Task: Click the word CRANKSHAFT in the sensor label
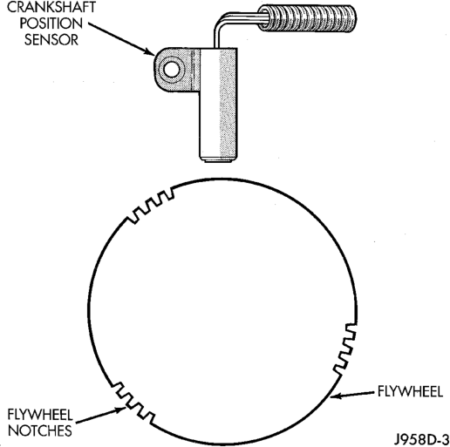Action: pos(51,7)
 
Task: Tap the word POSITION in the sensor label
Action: pos(51,24)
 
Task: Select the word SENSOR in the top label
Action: pos(51,40)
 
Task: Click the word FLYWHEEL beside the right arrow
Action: pos(410,391)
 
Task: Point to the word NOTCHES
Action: pos(40,430)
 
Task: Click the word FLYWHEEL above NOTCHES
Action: pos(40,415)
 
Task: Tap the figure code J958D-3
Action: pos(421,439)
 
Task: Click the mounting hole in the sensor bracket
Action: pos(172,70)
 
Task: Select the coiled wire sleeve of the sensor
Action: pos(307,17)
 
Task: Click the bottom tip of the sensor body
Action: pos(218,160)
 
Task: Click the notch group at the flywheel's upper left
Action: pos(151,205)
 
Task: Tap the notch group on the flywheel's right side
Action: pos(345,349)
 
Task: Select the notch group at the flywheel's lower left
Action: pos(133,403)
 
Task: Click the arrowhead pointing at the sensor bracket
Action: pos(150,52)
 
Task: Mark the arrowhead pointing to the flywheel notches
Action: pos(120,410)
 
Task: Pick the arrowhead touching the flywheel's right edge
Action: pos(335,396)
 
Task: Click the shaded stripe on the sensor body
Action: pos(228,102)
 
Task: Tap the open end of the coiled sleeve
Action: pos(264,18)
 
